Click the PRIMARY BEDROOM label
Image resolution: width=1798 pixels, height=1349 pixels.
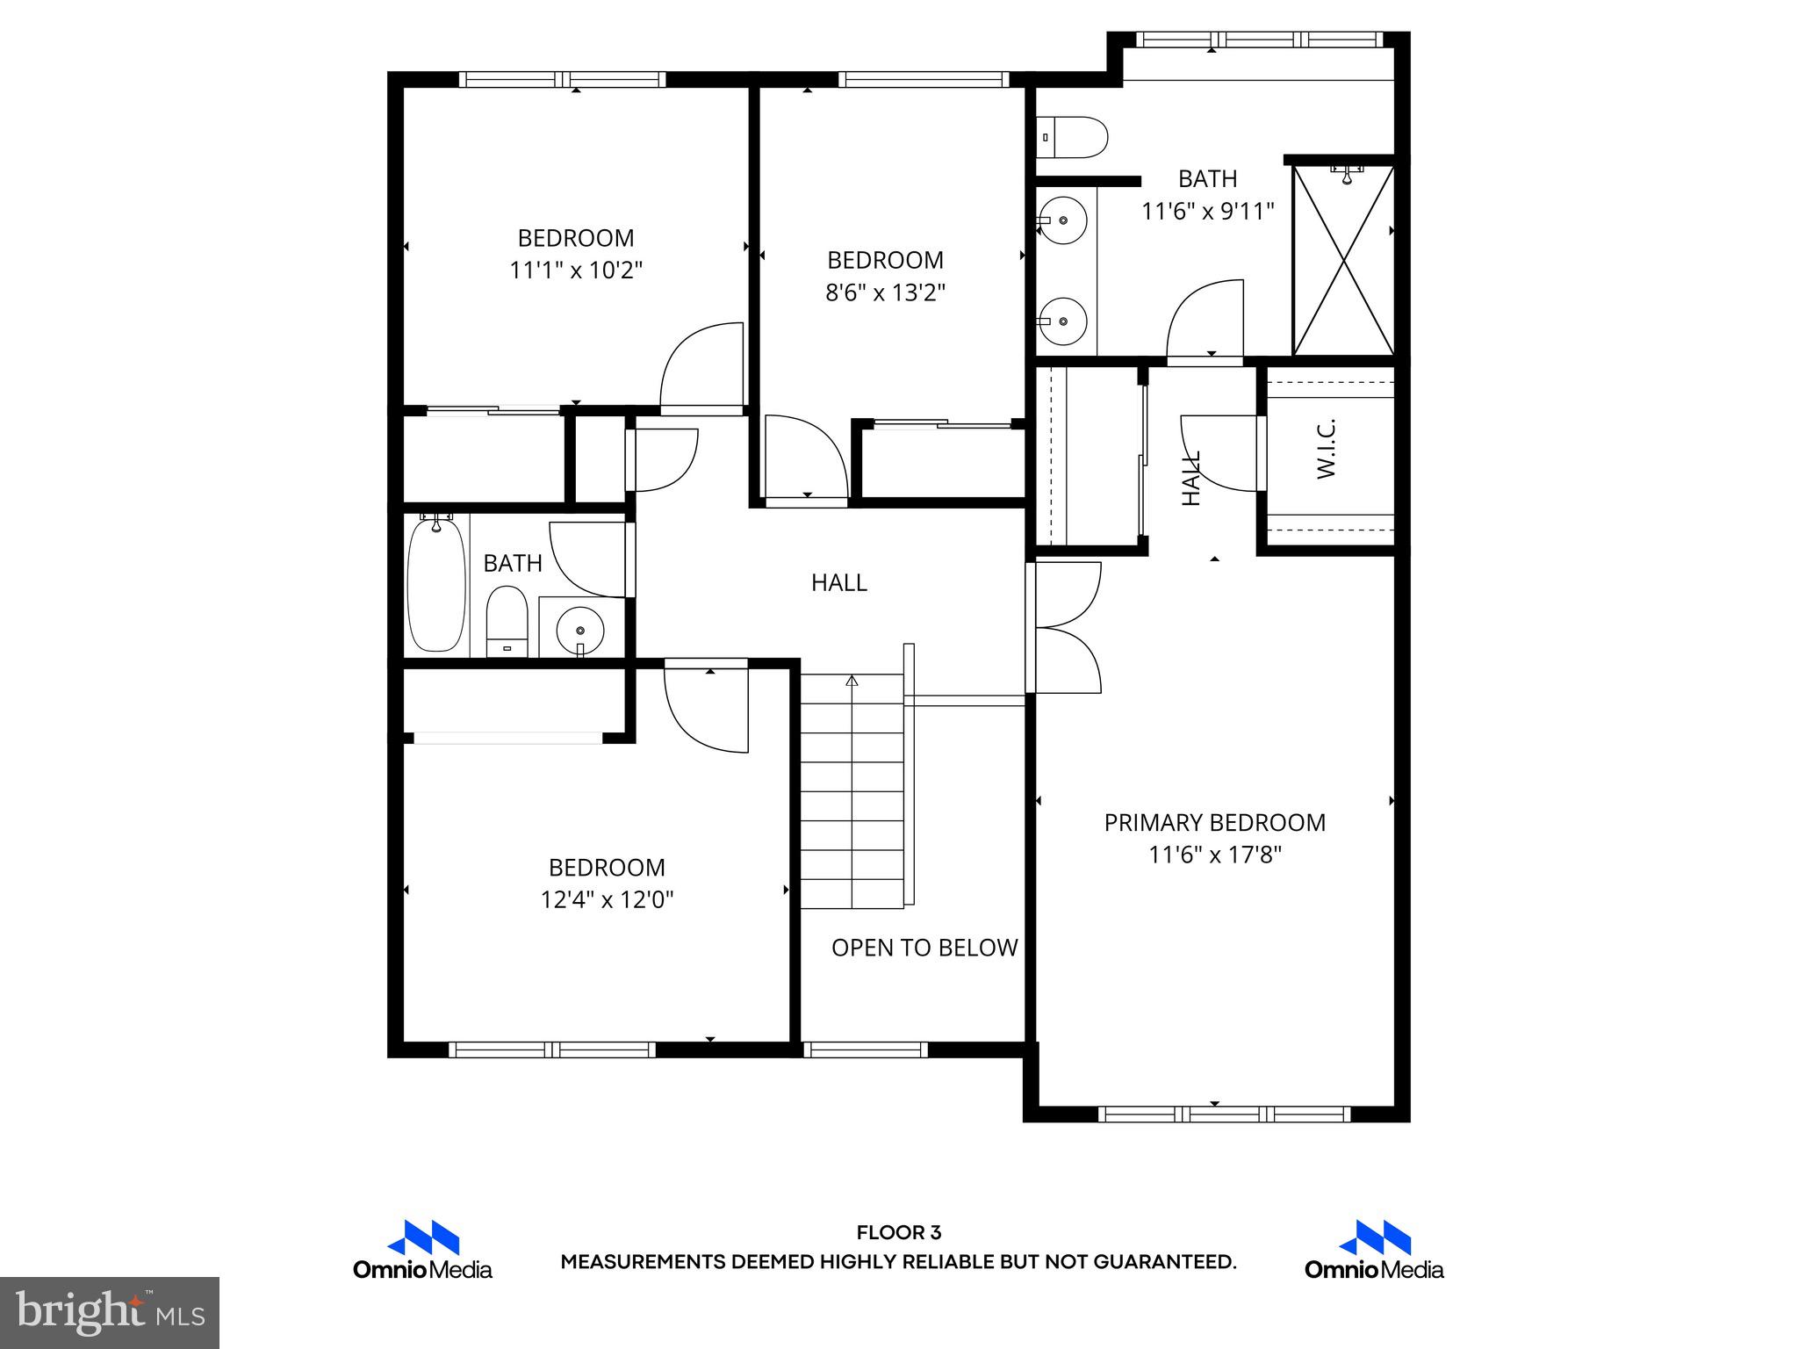point(1214,823)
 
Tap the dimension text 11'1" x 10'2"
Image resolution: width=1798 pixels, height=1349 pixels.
point(576,271)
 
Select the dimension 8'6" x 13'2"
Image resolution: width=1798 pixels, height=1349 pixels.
point(885,292)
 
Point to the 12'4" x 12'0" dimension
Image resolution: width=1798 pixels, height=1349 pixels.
point(607,900)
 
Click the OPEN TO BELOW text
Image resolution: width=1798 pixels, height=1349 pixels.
point(924,948)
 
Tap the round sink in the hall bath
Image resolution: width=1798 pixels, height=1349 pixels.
point(580,629)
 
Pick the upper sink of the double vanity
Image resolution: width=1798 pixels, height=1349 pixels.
point(1063,220)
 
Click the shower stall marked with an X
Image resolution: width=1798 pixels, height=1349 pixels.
point(1343,261)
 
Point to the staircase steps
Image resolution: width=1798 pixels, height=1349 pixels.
point(852,790)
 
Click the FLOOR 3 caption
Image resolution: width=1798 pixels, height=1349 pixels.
point(898,1233)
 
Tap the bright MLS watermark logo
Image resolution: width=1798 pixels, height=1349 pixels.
point(110,1312)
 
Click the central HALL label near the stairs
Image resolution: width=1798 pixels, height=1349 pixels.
point(838,582)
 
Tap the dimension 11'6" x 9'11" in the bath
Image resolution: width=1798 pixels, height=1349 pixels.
point(1207,212)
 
